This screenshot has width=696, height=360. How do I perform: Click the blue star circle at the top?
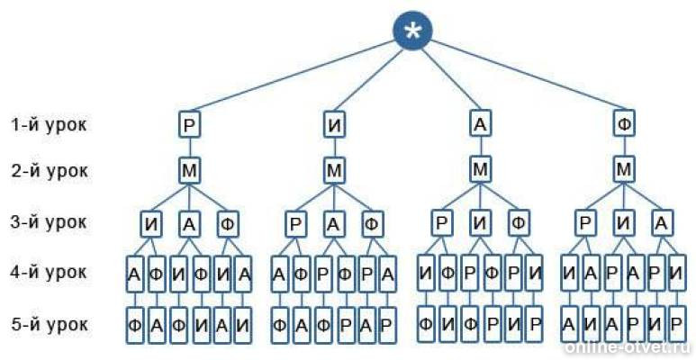pos(412,31)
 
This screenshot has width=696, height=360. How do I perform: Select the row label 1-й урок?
pos(49,125)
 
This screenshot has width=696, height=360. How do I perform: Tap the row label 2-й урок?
pos(49,170)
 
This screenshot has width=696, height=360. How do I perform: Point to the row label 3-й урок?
pos(49,221)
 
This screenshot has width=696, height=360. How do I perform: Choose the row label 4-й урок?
pos(49,272)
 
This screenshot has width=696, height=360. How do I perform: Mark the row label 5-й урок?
pos(49,325)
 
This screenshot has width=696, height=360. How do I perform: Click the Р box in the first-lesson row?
pos(190,126)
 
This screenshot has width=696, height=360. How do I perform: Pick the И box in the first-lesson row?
pos(335,126)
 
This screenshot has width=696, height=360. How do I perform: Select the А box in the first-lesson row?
pos(480,126)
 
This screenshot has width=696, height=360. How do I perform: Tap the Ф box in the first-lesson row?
pos(625,126)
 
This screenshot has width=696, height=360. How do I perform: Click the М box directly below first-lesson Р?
pos(190,170)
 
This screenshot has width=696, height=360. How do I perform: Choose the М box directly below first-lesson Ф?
pos(625,170)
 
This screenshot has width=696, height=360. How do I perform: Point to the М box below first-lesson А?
pos(480,170)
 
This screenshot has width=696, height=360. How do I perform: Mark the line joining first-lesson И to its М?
pos(335,148)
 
